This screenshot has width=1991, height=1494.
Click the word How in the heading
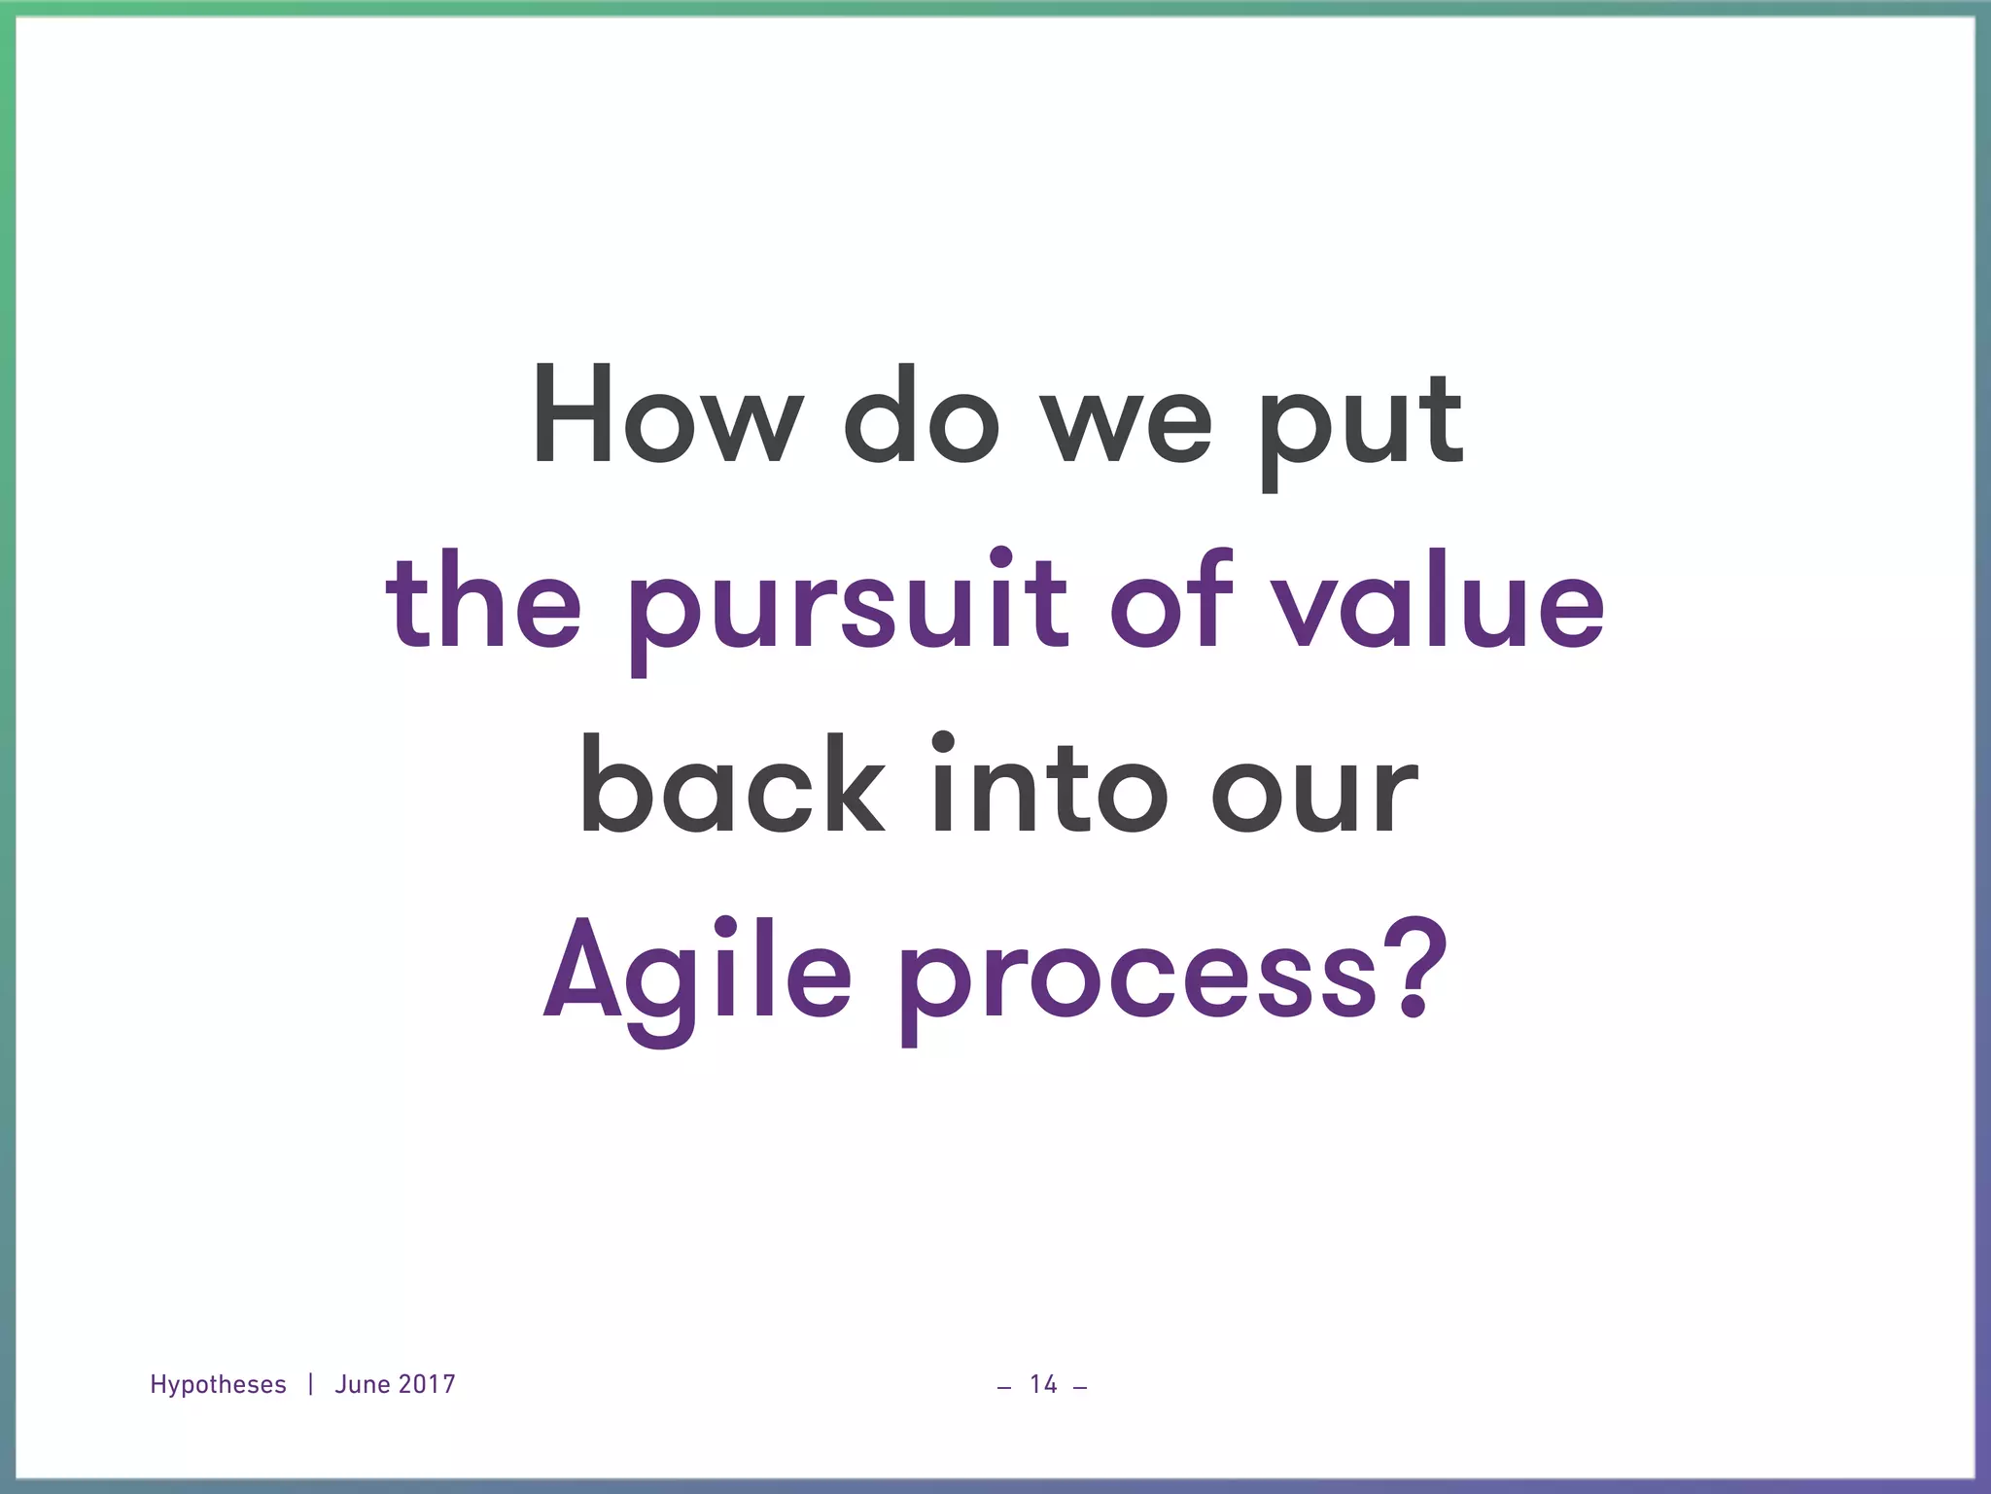click(x=667, y=415)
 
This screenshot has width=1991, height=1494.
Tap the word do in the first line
click(x=922, y=415)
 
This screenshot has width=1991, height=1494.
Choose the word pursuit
click(x=847, y=608)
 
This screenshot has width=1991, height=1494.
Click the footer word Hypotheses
click(x=218, y=1384)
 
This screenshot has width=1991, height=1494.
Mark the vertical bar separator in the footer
click(x=310, y=1384)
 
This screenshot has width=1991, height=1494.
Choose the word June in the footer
click(x=362, y=1384)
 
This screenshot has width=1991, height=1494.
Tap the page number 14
click(x=1043, y=1384)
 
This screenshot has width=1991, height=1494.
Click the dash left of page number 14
click(x=1004, y=1387)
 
